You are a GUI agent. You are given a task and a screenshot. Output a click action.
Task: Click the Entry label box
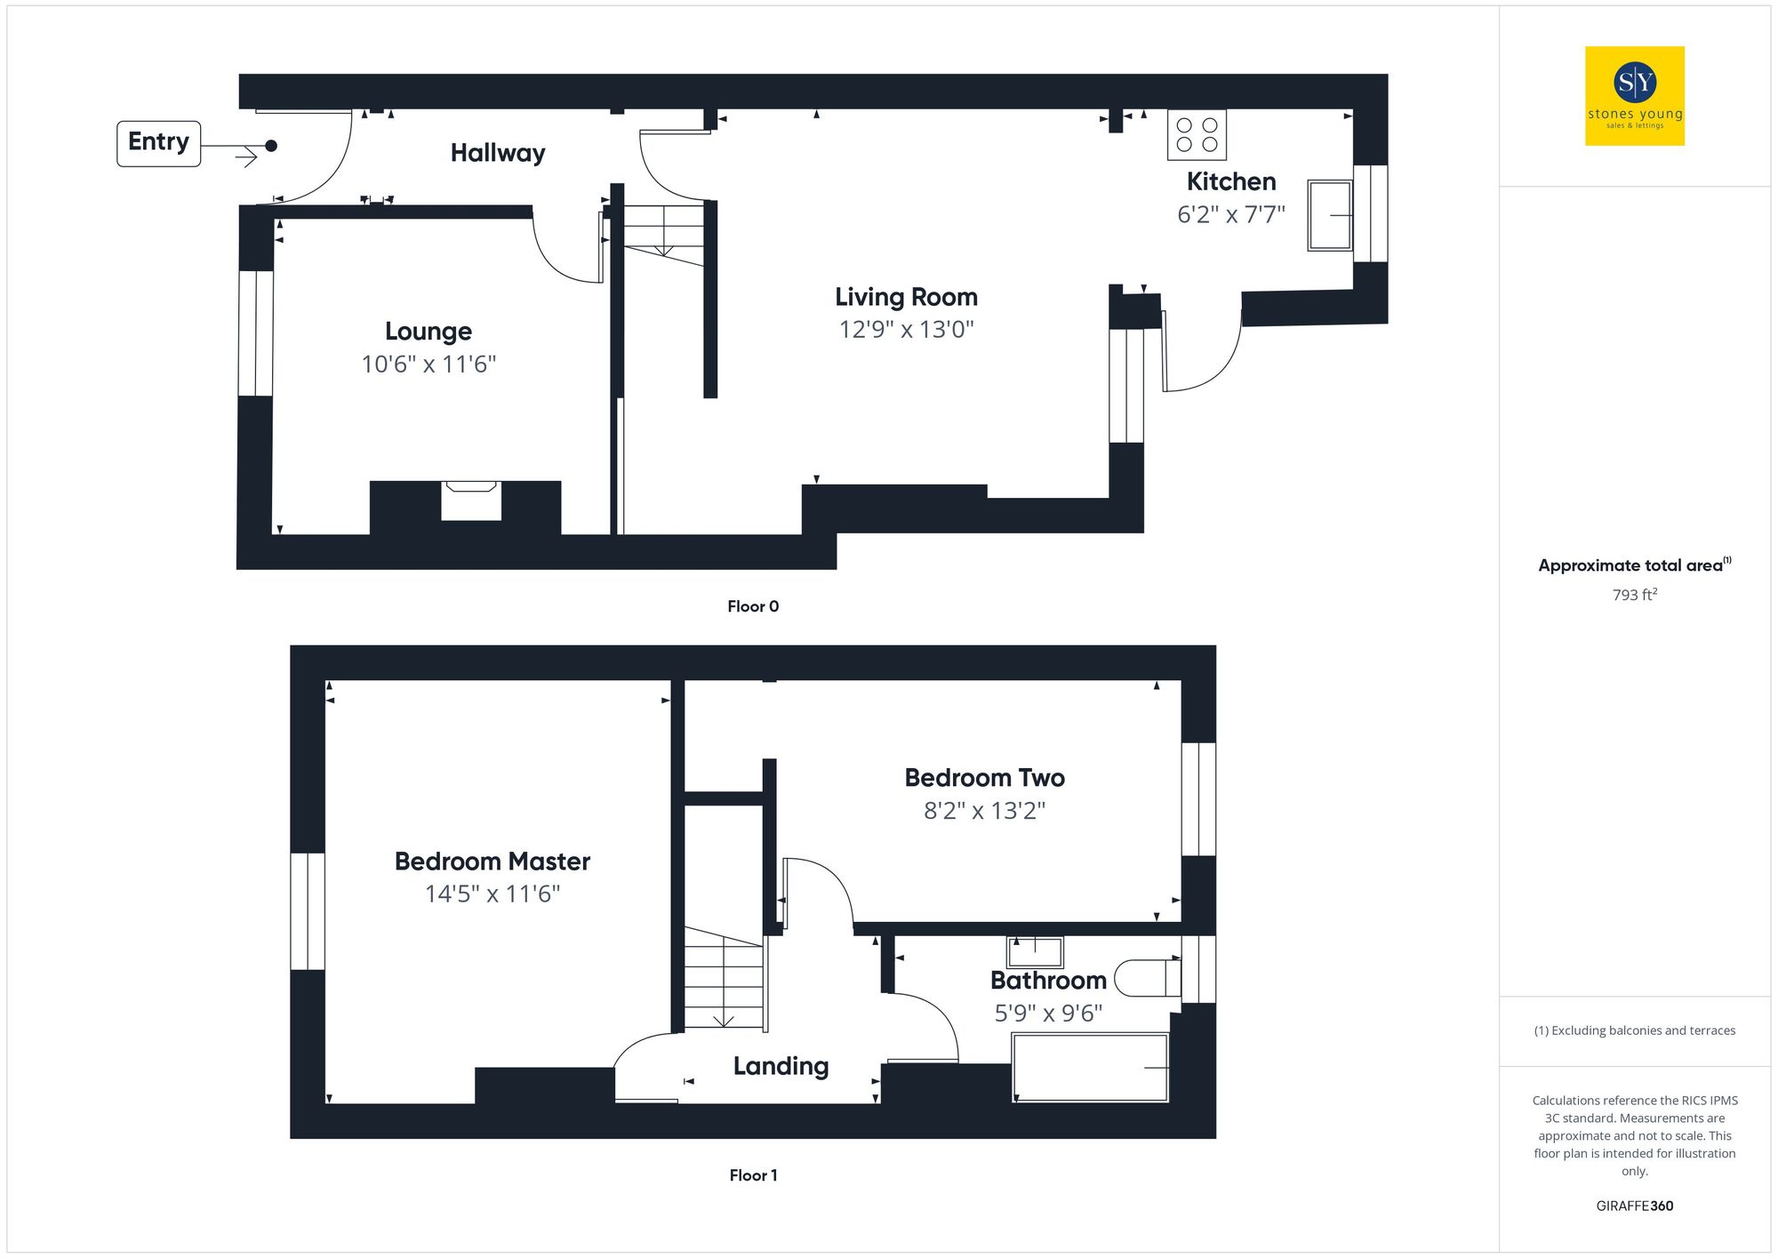158,143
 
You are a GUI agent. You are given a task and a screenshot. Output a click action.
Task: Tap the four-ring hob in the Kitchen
1197,135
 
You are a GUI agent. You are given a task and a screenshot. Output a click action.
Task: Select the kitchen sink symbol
1330,215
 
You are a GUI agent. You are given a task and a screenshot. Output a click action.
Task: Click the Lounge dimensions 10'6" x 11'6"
428,365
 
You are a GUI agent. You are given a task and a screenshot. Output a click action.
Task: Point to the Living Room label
906,297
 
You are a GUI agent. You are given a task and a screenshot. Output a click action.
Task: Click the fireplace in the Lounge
471,501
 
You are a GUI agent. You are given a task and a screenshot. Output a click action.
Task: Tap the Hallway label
498,153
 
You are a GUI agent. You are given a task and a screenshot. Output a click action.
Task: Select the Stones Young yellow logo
1634,96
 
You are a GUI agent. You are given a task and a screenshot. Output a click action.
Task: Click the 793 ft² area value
1634,595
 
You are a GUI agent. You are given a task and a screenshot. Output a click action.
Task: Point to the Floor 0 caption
753,606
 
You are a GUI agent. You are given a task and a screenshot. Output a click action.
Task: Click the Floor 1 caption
753,1175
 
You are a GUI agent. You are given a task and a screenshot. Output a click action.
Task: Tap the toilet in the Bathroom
1147,978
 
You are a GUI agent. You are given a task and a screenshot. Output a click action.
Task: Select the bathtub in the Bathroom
1090,1068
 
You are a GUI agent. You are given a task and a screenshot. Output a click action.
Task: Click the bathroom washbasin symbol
1035,952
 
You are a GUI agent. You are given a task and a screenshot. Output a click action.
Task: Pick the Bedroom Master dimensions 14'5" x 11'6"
493,894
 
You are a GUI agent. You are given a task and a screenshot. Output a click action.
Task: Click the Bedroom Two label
984,778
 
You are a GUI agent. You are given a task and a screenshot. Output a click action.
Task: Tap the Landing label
781,1066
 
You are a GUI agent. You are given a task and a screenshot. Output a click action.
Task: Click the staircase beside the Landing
724,978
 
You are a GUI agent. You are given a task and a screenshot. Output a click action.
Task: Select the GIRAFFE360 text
1634,1206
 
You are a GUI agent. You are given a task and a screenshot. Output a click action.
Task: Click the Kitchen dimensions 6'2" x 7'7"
1231,215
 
